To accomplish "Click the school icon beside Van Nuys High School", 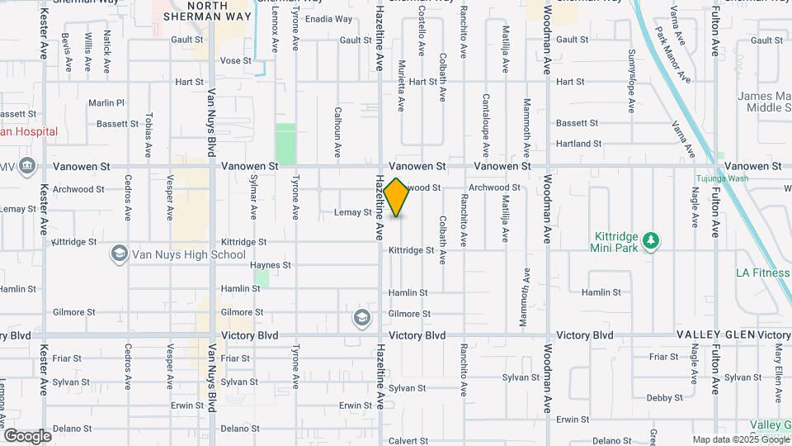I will coord(120,254).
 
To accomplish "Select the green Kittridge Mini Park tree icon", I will coord(652,240).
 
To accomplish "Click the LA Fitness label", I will coord(763,273).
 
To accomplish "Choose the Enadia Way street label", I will coord(328,19).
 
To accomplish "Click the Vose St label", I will coord(235,61).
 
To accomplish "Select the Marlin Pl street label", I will coord(106,103).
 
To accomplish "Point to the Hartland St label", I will coord(578,144).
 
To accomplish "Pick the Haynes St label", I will coord(271,265).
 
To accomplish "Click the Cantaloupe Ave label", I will coord(485,115).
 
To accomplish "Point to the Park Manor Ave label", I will coord(673,54).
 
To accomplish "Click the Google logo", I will coord(27,435).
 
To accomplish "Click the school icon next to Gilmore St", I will coord(361,317).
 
